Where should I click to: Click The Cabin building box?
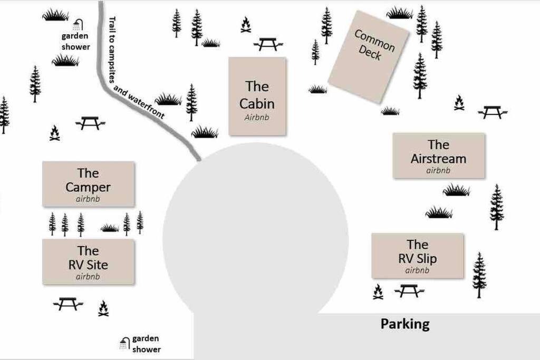coord(257,96)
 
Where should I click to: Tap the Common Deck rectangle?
coord(368,57)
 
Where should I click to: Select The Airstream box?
coord(439,156)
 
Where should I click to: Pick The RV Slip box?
coord(418,256)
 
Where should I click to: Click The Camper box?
coord(88,184)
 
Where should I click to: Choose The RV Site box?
coord(88,262)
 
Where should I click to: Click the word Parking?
coord(405,324)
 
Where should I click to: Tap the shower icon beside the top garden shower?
coord(78,25)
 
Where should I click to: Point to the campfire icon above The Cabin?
coord(246,24)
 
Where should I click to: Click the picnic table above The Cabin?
coord(268,44)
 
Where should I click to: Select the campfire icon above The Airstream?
coord(459,103)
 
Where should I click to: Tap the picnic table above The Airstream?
coord(493,112)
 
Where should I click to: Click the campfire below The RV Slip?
coord(378,292)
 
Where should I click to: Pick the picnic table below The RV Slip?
coord(409,291)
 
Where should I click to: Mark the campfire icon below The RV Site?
coord(103,308)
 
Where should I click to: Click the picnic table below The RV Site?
coord(68,304)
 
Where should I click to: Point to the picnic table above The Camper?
coord(90,123)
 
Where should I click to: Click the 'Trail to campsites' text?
coord(112,50)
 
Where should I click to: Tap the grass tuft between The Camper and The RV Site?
coord(110,228)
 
